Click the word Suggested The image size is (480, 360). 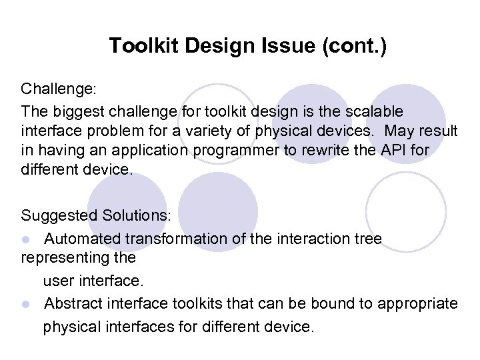coord(59,216)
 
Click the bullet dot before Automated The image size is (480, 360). coord(25,239)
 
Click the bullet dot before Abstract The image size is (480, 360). coord(25,305)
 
